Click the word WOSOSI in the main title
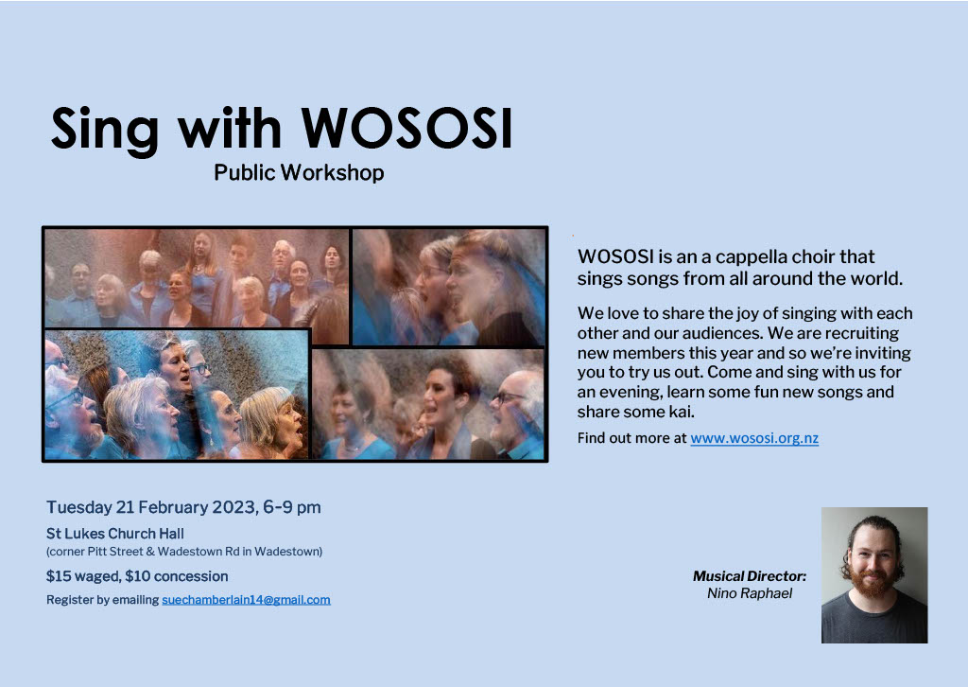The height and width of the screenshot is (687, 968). (406, 129)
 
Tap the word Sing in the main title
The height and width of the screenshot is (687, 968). (104, 131)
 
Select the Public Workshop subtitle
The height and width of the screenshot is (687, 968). (299, 172)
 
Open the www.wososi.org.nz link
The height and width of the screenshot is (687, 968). (754, 438)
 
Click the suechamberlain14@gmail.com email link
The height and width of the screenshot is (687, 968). (247, 599)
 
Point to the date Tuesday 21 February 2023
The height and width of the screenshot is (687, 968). (151, 507)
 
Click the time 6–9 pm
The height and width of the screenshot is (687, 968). (292, 507)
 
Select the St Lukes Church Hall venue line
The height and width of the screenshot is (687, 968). (114, 533)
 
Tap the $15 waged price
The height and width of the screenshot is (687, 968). (83, 576)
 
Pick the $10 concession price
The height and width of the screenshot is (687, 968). (177, 576)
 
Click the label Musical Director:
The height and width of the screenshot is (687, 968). (750, 575)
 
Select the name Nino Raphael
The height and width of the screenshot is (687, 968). (750, 593)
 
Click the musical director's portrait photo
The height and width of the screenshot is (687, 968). (874, 575)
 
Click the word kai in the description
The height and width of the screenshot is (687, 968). (682, 412)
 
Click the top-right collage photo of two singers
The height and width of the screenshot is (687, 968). (449, 288)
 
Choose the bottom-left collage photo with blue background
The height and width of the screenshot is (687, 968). (177, 395)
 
